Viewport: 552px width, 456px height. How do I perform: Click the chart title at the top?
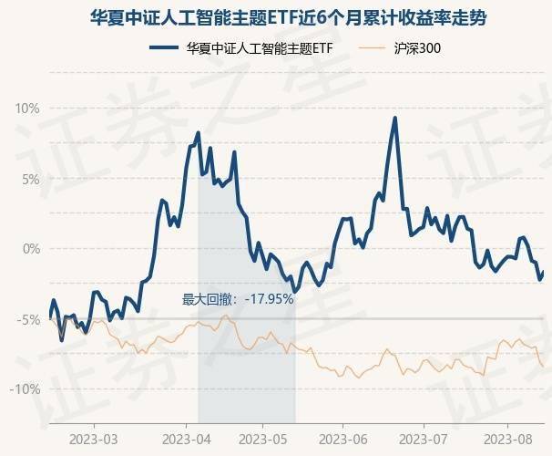pyautogui.click(x=276, y=16)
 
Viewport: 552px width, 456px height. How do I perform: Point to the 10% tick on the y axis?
pyautogui.click(x=27, y=109)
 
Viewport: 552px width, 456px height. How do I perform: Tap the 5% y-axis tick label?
pyautogui.click(x=30, y=179)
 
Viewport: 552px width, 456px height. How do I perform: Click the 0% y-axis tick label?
pyautogui.click(x=30, y=249)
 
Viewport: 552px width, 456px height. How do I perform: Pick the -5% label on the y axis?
pyautogui.click(x=27, y=319)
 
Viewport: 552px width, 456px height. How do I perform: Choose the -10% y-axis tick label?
pyautogui.click(x=25, y=389)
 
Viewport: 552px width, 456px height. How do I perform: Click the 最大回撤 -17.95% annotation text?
pyautogui.click(x=237, y=298)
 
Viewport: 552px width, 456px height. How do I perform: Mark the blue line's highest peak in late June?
pyautogui.click(x=394, y=118)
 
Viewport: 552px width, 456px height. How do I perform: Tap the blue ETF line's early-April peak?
pyautogui.click(x=199, y=133)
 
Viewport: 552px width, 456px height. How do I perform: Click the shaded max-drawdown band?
pyautogui.click(x=246, y=365)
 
